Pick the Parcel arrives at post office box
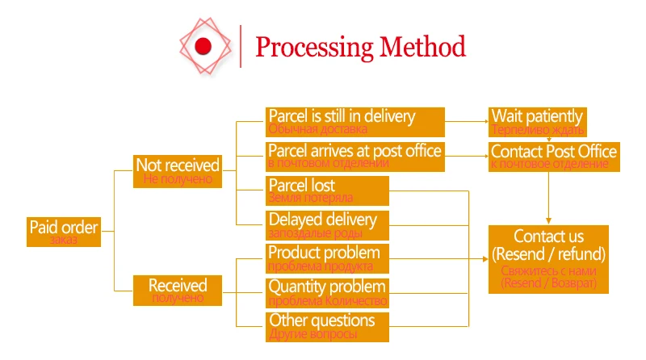point(355,156)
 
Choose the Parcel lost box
point(328,190)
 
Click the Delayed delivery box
point(328,224)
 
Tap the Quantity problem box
point(328,292)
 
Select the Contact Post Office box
point(553,156)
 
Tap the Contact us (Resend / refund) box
point(549,258)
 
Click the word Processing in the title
point(310,46)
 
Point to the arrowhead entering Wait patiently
point(484,121)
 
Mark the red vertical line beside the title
point(241,46)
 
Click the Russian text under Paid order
point(63,241)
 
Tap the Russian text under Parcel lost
point(311,198)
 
